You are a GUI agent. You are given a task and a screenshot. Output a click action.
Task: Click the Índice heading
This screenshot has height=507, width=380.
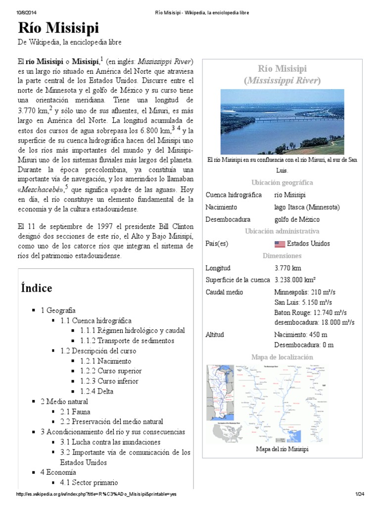[37, 288]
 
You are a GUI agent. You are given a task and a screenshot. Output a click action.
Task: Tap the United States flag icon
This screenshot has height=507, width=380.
[279, 244]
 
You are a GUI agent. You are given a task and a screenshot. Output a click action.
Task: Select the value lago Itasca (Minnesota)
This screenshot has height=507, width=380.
[307, 207]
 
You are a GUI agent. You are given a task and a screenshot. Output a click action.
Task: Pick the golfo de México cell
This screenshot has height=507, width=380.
[297, 219]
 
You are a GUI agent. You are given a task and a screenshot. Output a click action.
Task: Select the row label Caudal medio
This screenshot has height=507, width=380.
[224, 292]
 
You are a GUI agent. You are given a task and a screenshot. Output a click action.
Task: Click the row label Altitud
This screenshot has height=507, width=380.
[215, 335]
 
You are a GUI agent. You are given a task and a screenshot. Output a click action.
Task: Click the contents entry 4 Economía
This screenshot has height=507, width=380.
[58, 472]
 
